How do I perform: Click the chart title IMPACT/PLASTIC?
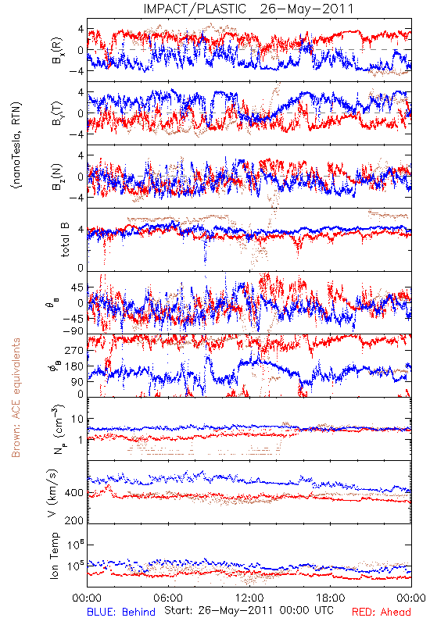tap(195, 9)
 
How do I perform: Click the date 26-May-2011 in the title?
tap(306, 9)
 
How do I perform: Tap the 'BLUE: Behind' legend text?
tap(121, 612)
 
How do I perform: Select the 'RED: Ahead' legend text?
tap(381, 612)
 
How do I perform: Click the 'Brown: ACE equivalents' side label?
tap(16, 398)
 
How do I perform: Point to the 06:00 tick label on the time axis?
tap(168, 598)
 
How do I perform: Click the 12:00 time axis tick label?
tap(249, 598)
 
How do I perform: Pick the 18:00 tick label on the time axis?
tap(331, 598)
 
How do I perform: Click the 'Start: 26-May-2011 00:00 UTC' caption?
tap(249, 611)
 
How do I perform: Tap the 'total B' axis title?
tap(65, 240)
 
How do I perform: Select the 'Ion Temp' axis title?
tap(54, 555)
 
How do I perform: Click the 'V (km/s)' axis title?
tap(53, 493)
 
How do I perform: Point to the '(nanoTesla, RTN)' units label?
tap(16, 145)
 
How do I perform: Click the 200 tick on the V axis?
tap(74, 520)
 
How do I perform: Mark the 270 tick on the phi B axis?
tap(74, 351)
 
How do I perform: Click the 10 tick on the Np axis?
tap(77, 420)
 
